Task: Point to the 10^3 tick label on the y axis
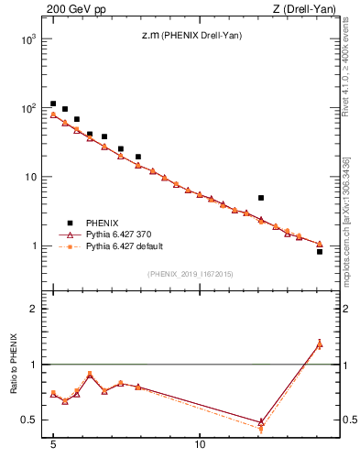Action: [27, 39]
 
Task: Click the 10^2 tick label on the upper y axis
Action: [27, 108]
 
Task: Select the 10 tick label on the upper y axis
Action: [30, 177]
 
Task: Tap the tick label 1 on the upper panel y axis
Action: [34, 245]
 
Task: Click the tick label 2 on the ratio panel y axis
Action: [34, 309]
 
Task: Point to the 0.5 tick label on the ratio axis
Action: [29, 420]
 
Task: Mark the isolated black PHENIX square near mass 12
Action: [261, 198]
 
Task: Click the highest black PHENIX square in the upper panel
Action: [53, 104]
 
